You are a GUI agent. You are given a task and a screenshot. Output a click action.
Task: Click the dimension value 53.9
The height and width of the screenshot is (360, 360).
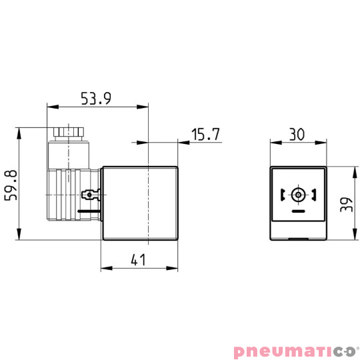96,98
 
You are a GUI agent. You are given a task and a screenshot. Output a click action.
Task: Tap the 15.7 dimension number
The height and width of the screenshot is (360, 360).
205,135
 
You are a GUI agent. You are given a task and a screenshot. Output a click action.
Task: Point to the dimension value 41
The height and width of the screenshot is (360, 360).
138,260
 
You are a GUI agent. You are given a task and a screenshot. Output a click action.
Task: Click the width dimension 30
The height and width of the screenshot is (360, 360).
297,133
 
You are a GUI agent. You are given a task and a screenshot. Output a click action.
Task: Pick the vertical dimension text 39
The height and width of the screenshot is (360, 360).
345,203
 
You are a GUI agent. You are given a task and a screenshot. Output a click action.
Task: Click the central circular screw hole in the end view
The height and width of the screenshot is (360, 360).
297,195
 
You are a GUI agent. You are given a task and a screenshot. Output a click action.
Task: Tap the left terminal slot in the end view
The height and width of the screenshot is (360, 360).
283,195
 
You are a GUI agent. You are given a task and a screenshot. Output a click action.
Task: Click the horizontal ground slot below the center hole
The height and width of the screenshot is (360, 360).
297,211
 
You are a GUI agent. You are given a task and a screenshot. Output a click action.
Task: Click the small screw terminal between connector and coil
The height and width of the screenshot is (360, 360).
88,195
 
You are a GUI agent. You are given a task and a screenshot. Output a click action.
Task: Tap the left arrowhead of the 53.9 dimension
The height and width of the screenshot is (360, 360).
50,106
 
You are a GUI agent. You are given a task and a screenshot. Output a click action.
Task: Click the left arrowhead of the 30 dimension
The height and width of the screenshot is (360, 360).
273,141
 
